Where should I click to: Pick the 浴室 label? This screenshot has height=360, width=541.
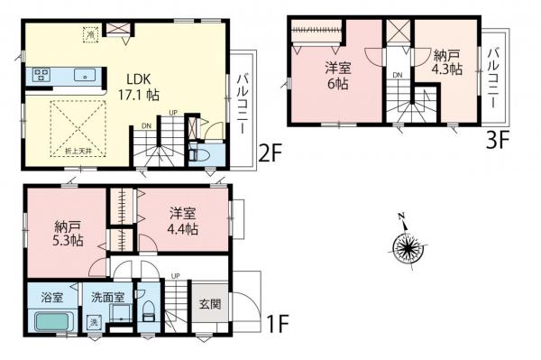51,296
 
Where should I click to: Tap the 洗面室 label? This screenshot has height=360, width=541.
105,296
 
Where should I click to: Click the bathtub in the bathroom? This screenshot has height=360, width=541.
55,322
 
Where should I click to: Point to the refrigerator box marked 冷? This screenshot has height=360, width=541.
91,33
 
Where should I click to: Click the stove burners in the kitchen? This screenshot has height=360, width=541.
41,75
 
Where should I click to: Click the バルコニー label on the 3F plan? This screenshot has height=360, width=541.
493,75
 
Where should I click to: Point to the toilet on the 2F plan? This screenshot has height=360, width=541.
206,155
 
